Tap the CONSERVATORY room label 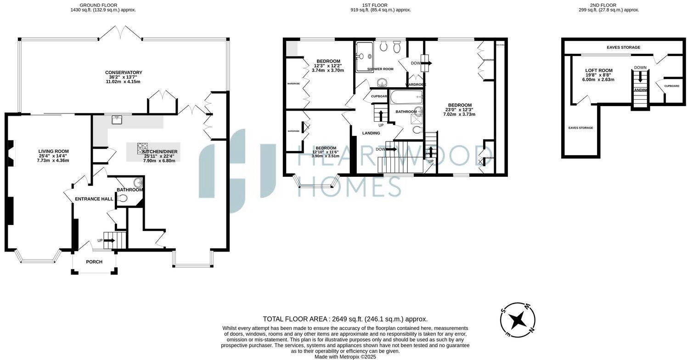coord(124,73)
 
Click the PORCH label coord(94,262)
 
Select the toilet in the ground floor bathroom coord(122,198)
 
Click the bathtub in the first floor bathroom coord(406,97)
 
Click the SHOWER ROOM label coord(380,69)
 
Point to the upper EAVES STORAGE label coord(623,47)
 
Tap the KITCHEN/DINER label coord(159,152)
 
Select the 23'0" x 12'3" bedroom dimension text coord(460,109)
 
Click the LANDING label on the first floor coord(371,133)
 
